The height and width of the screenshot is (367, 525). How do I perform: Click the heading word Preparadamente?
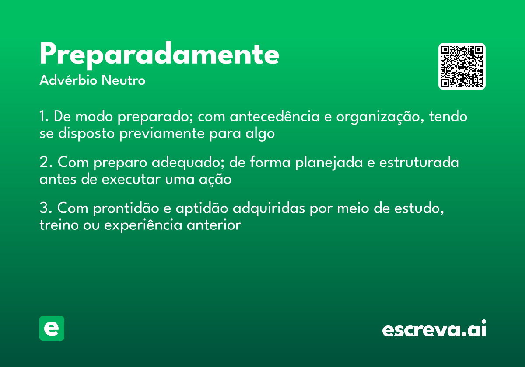coord(159,55)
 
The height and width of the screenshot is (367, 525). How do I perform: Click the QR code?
coord(462,66)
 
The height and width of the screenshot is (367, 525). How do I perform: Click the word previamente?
coord(160,134)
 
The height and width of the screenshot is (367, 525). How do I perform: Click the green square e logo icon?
coord(52,328)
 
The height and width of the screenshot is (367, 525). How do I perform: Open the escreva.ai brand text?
coord(434,329)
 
